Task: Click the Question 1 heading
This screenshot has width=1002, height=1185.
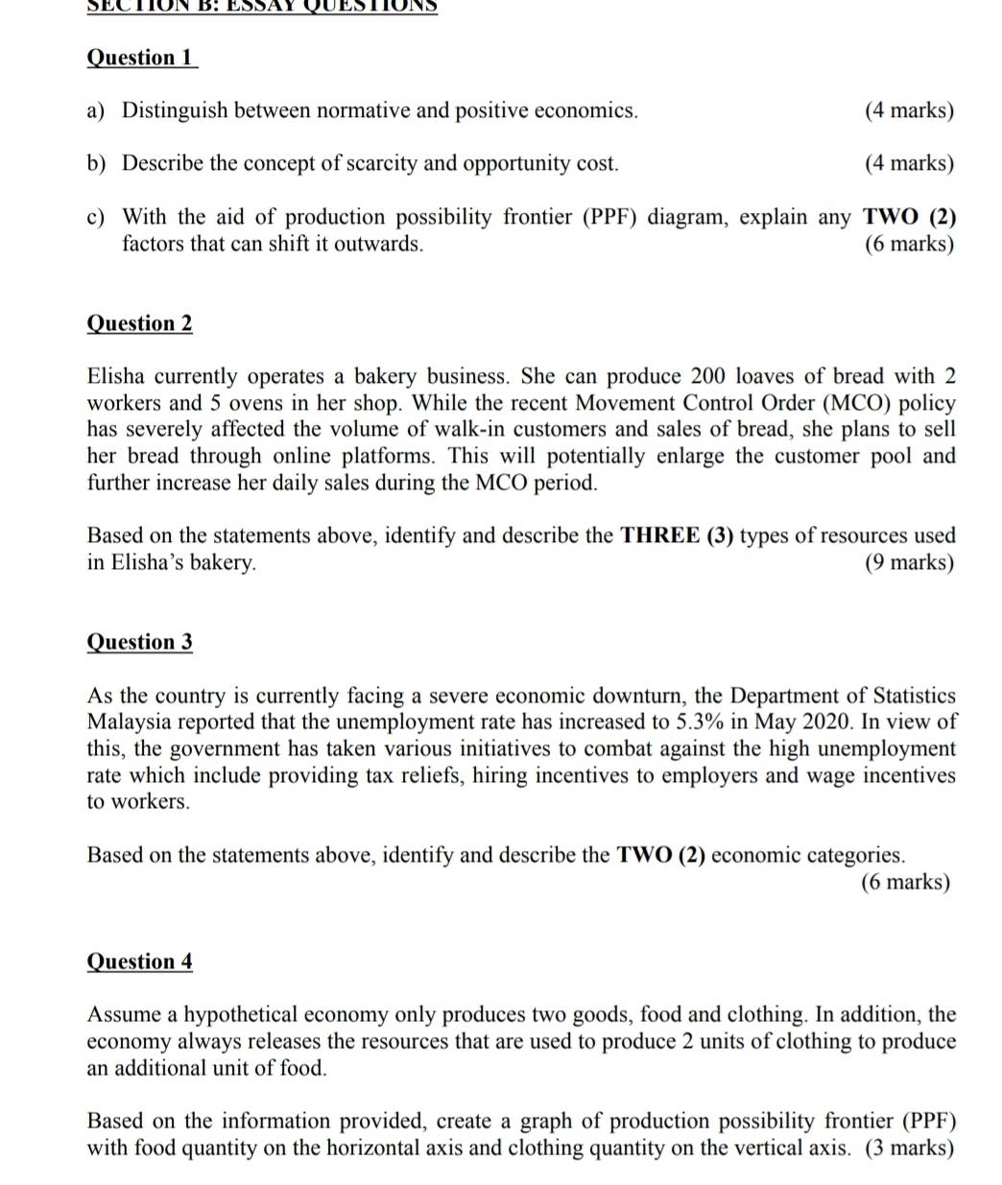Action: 141,58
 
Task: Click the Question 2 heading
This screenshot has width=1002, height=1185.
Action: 139,323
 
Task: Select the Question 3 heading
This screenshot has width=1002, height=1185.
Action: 139,642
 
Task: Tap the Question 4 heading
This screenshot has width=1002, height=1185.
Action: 139,961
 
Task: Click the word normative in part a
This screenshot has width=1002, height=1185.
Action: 363,110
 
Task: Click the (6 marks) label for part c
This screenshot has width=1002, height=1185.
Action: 909,244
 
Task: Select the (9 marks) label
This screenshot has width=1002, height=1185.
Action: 909,562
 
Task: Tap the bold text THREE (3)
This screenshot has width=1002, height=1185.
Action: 677,535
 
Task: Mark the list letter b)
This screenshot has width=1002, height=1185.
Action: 96,163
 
